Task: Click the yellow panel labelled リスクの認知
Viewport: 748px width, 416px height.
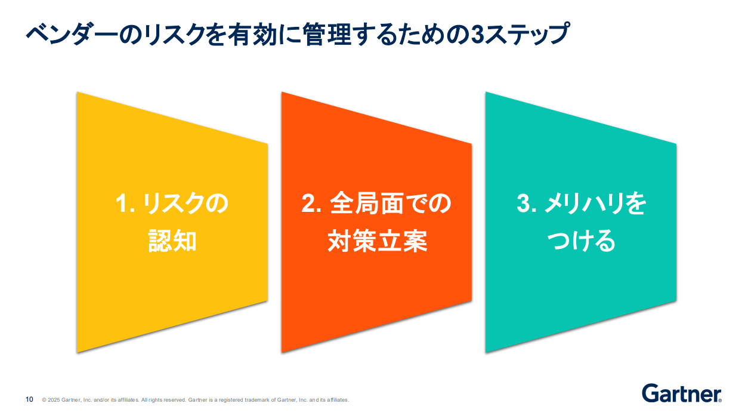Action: [172, 222]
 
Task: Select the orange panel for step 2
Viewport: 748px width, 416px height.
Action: [376, 222]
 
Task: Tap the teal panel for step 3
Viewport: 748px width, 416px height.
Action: [581, 222]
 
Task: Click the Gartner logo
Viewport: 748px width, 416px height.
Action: [682, 393]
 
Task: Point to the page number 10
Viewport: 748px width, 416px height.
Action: [29, 399]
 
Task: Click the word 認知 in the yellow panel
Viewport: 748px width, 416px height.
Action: [172, 241]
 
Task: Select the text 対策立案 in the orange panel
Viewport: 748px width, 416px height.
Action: [378, 241]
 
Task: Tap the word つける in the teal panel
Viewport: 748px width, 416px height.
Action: [581, 241]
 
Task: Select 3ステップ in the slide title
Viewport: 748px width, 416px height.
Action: [520, 34]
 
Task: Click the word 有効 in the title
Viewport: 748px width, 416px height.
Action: [252, 34]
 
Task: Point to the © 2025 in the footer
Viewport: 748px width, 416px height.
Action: [51, 400]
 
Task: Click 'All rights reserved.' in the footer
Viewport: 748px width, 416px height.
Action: [163, 400]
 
